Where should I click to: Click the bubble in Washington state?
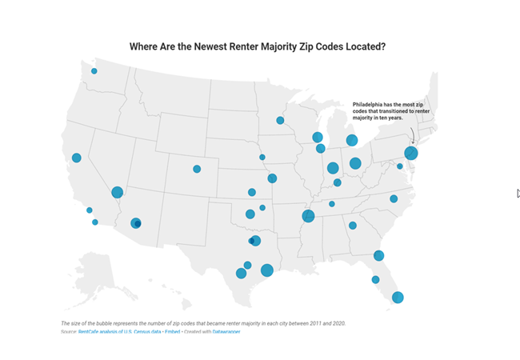(x=94, y=71)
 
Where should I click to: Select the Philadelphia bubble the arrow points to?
(x=411, y=153)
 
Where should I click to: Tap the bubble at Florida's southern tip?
(x=398, y=298)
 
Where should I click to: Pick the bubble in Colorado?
(x=197, y=169)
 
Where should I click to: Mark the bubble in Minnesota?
(x=280, y=121)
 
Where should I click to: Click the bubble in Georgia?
(x=353, y=226)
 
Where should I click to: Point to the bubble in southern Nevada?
(x=117, y=192)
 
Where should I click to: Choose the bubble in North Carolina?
(x=394, y=198)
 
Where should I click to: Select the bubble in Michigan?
(x=351, y=141)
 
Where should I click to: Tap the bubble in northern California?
(x=77, y=158)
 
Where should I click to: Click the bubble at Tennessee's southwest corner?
(x=308, y=215)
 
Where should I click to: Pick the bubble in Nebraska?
(x=262, y=157)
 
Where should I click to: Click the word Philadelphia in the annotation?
(x=370, y=105)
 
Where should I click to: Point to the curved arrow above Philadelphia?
(x=412, y=134)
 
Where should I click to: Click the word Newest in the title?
(x=194, y=46)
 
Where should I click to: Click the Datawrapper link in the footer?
(x=226, y=330)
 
